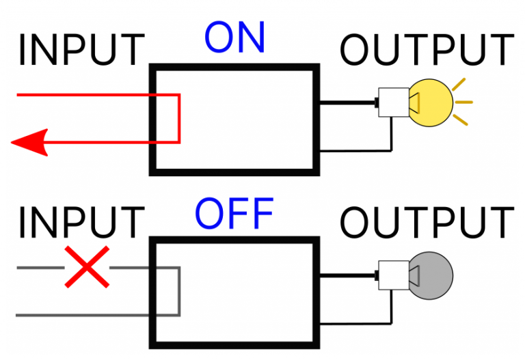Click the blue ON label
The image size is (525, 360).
tap(234, 40)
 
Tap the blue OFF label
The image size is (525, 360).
tap(234, 214)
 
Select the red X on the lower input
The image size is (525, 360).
tap(86, 266)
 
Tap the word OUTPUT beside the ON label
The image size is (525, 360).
tap(427, 51)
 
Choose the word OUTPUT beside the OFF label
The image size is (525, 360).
tap(427, 223)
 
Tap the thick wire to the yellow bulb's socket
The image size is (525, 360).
tap(347, 103)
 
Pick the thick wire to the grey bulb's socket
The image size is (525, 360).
tap(347, 276)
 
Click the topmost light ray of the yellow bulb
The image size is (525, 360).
tap(461, 84)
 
